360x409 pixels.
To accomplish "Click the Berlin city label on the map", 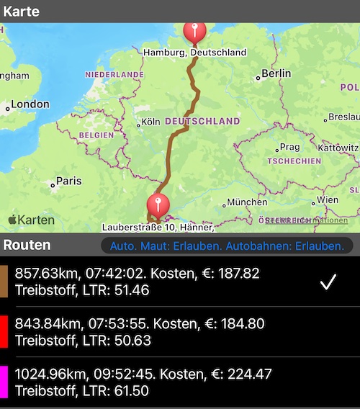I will coord(276,73).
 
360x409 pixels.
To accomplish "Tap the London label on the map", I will coord(30,104).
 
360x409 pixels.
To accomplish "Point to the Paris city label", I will coord(68,181).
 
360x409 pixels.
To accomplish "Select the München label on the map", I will coord(247,202).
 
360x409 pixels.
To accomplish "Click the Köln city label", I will coord(150,122).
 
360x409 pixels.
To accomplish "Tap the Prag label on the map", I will coord(289,147).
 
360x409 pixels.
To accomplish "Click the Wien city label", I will coord(328,200).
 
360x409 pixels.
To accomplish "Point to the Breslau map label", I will coord(342,117).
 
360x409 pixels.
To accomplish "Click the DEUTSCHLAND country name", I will coord(202,122).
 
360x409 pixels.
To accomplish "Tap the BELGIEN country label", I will coord(97,135).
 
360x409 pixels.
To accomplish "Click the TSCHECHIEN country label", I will coord(294,161).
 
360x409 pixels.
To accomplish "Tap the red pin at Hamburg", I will coord(194,31).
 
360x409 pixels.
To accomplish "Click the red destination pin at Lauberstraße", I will coord(157,204).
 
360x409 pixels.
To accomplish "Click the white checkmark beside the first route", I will coord(328,282).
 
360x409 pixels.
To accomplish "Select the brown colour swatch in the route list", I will coord(4,282).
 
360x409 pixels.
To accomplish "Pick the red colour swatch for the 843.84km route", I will coord(4,331).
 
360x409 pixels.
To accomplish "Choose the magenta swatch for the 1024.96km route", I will coord(4,382).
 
